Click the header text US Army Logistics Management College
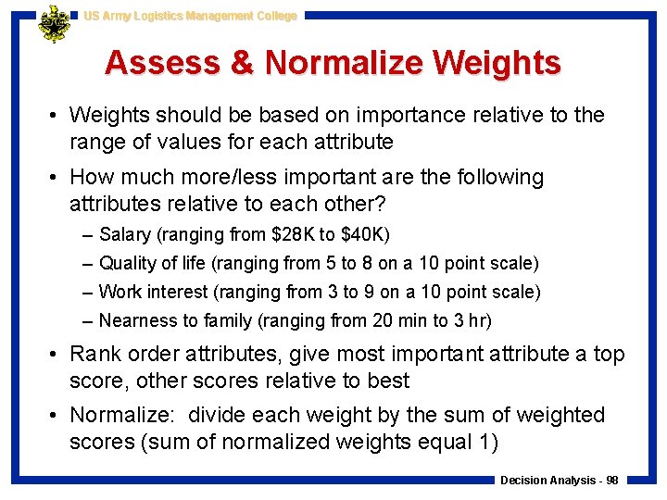pos(190,16)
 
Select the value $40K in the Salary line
pos(364,235)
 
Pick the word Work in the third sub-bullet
pos(120,293)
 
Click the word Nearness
pos(135,321)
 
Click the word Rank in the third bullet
pos(94,355)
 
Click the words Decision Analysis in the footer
pos(547,481)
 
